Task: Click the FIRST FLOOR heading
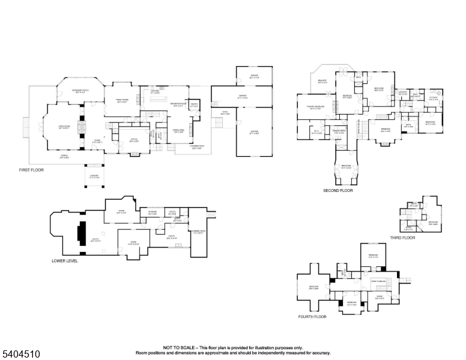coord(31,170)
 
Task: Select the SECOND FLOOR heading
coord(338,190)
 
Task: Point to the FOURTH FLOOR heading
coord(312,316)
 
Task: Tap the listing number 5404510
coord(20,354)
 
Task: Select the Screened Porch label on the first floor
coord(80,91)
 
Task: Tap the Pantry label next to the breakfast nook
coord(194,104)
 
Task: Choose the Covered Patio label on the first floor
coord(196,148)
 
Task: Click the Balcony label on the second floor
coord(322,82)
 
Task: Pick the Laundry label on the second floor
coord(403,93)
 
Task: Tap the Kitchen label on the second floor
coord(434,98)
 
